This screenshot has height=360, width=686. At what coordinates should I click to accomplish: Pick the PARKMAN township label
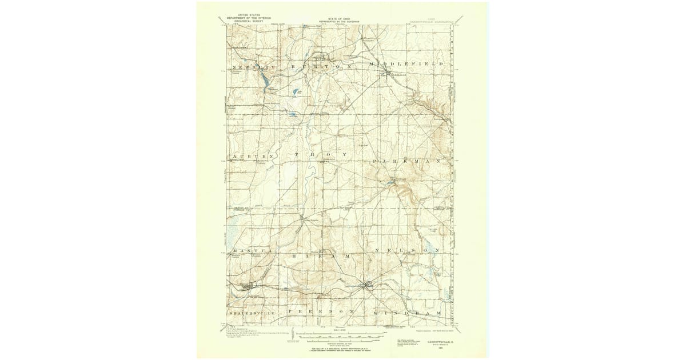pos(406,162)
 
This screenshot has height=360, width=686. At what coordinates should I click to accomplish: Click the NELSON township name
pos(406,250)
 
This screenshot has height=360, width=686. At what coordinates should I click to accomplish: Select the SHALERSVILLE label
pos(252,314)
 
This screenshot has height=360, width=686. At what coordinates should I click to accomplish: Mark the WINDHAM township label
pos(407,314)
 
